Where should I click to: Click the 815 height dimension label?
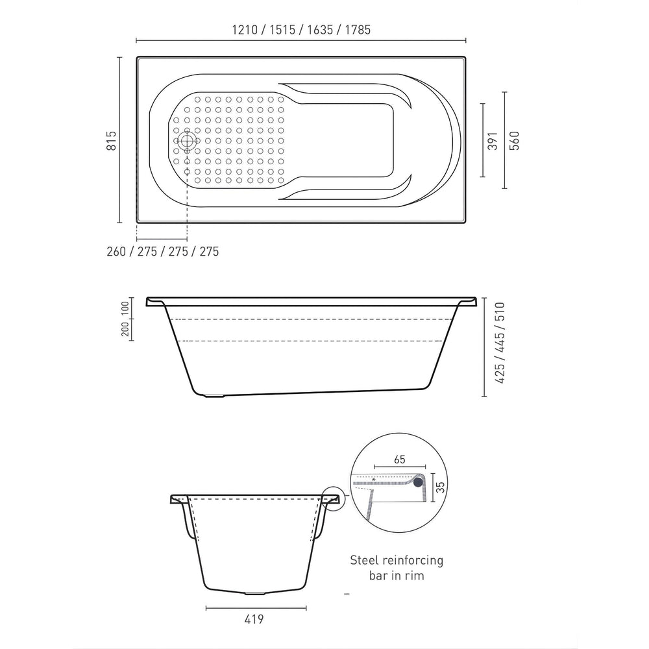[x=112, y=140]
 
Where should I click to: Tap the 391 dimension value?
[x=493, y=141]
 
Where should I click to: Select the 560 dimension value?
[x=514, y=140]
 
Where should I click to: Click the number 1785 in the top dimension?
[x=358, y=30]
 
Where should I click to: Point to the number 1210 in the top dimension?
[x=245, y=30]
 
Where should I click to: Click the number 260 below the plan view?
[x=116, y=251]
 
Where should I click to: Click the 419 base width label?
[x=254, y=619]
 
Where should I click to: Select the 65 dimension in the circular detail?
[x=400, y=459]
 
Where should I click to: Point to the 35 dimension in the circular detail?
[x=441, y=487]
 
